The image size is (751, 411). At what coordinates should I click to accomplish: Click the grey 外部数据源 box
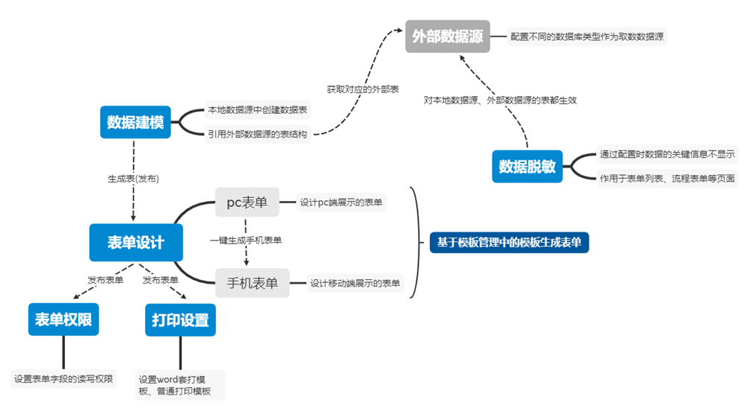click(448, 36)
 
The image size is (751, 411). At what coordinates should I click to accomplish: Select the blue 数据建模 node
click(135, 122)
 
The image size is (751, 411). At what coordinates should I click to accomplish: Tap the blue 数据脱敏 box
click(527, 166)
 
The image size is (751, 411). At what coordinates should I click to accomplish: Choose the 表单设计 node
click(136, 242)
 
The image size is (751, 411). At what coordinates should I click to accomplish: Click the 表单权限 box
click(63, 320)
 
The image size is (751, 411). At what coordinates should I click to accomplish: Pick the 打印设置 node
click(180, 320)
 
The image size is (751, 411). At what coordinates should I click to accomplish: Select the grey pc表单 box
click(247, 202)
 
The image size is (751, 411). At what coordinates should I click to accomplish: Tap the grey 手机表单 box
click(252, 283)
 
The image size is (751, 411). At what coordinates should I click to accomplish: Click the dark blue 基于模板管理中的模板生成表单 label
click(509, 242)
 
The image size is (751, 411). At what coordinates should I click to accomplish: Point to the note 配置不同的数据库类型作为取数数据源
click(587, 36)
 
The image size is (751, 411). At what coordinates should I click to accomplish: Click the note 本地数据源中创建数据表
click(258, 110)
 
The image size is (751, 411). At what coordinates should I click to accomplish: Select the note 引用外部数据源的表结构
click(258, 134)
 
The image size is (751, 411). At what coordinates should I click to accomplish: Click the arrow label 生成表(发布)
click(134, 179)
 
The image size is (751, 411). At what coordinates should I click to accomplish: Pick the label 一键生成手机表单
click(246, 240)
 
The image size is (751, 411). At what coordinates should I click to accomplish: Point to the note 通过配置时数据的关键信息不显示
click(667, 155)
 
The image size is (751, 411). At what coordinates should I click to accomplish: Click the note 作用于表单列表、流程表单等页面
click(667, 178)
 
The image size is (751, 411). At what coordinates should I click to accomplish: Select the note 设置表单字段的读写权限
click(64, 378)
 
